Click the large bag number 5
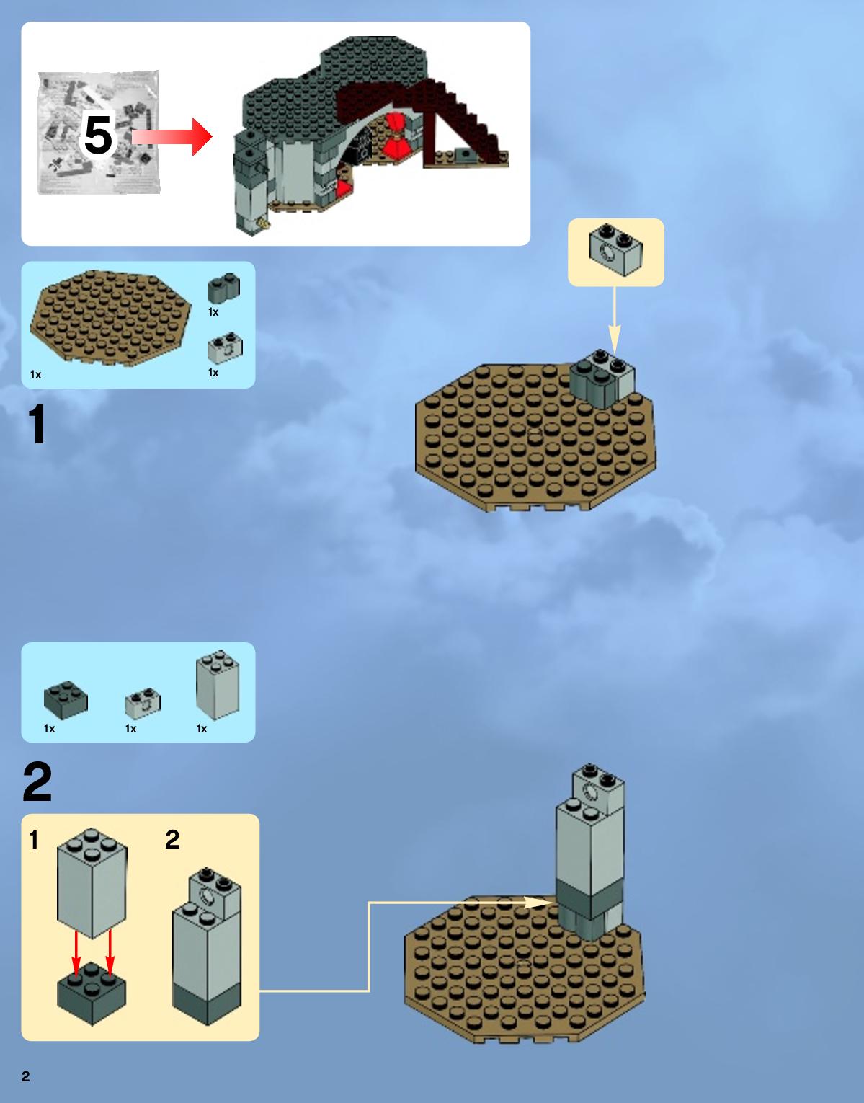tap(98, 135)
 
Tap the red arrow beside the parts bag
tap(172, 136)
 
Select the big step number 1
tap(37, 424)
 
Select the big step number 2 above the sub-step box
tap(37, 781)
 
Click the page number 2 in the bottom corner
tap(26, 1076)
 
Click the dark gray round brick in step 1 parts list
tap(223, 288)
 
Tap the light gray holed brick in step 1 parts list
tap(225, 348)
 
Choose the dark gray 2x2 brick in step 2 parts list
tap(66, 700)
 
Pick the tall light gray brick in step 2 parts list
tap(217, 686)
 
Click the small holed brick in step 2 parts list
tap(143, 703)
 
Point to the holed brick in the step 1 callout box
tap(615, 250)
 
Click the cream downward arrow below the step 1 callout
tap(614, 320)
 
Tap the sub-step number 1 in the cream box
tap(34, 840)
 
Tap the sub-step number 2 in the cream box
tap(172, 840)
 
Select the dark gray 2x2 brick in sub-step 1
tap(92, 993)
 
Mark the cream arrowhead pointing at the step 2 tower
tap(539, 903)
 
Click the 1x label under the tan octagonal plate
tap(35, 375)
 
